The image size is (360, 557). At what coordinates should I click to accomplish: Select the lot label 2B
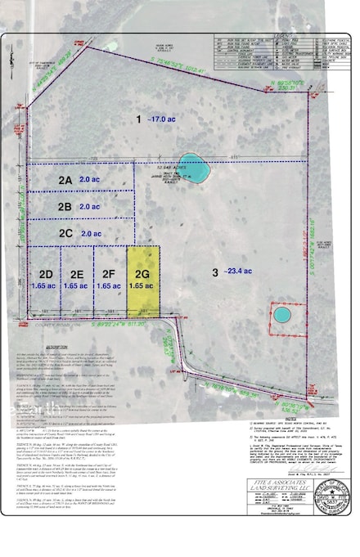(x=65, y=207)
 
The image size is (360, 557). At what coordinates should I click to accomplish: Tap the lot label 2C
(x=65, y=233)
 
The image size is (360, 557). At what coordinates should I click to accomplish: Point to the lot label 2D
(x=46, y=273)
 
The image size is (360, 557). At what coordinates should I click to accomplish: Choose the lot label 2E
(x=78, y=273)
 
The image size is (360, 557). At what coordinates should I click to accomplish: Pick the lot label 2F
(x=108, y=273)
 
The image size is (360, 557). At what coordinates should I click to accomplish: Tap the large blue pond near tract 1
(x=195, y=168)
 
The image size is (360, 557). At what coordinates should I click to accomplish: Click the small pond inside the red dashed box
(x=281, y=314)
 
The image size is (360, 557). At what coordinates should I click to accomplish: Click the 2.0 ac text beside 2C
(x=92, y=233)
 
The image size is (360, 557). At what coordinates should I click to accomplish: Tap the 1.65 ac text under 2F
(x=108, y=286)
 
